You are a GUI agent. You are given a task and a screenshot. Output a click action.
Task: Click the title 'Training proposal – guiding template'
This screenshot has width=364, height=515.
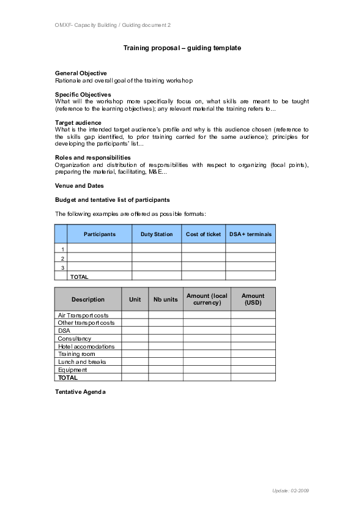coord(182,48)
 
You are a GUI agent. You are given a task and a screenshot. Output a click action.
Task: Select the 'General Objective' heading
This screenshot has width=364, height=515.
coord(81,73)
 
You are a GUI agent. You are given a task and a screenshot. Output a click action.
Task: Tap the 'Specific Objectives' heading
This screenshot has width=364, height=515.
coord(83,95)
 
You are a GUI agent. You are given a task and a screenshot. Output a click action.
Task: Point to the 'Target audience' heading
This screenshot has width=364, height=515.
coord(78,123)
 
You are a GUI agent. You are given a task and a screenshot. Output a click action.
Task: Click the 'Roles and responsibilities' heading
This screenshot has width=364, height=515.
coord(92,158)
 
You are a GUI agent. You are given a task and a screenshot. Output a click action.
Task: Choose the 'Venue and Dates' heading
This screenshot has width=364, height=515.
coord(79,186)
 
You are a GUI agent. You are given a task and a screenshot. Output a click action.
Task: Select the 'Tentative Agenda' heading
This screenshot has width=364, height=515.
coord(80,392)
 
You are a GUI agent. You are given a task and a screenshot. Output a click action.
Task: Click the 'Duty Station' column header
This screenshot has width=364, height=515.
coord(157,234)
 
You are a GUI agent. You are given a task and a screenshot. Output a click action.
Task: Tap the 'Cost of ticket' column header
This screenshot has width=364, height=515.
coord(203,234)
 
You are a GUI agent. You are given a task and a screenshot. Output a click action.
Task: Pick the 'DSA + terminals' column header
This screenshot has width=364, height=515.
coord(250,234)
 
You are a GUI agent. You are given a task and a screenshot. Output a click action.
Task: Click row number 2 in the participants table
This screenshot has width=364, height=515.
coord(62,259)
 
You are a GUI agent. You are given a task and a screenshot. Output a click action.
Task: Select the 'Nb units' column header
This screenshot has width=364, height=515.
coord(166,300)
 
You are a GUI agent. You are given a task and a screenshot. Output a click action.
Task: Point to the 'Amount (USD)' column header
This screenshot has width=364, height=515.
coord(253,299)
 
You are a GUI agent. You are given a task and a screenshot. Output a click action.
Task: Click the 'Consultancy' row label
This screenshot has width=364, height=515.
coord(74,339)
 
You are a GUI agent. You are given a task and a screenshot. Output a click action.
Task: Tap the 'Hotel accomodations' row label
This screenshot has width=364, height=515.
coord(86,347)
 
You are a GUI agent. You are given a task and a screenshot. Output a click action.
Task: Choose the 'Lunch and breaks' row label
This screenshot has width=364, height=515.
coord(82,362)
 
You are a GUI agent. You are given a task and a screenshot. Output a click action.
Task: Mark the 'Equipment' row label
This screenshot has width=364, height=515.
coord(72,370)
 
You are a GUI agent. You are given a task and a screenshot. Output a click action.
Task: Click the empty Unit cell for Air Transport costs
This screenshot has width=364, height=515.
coord(135,315)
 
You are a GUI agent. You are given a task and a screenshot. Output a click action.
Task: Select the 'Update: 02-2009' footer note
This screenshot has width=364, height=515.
coord(291,491)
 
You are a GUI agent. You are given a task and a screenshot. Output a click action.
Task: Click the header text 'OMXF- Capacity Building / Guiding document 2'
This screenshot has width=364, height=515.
coord(113,25)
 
